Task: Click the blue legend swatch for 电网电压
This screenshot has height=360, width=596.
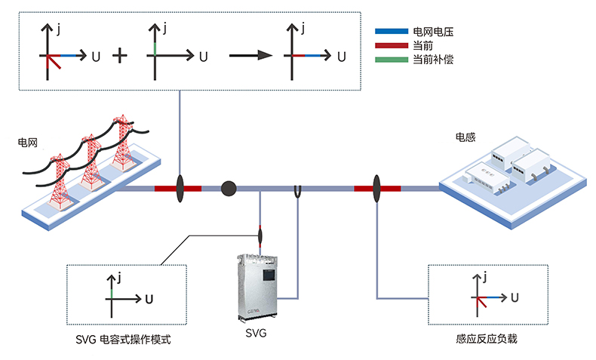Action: (x=391, y=32)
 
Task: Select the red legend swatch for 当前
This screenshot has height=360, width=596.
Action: (x=391, y=46)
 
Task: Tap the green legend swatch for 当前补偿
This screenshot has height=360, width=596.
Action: (x=391, y=60)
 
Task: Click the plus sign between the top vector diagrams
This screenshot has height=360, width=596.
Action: (x=119, y=56)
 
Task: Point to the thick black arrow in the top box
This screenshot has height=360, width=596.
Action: (x=250, y=56)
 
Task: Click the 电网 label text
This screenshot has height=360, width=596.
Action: (x=27, y=142)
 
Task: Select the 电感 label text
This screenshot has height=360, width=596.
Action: (x=465, y=137)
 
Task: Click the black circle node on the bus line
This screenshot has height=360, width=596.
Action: (x=229, y=188)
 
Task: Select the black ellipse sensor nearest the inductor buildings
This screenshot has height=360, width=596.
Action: (x=376, y=188)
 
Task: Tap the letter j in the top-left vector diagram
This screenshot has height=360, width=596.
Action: (x=58, y=30)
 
